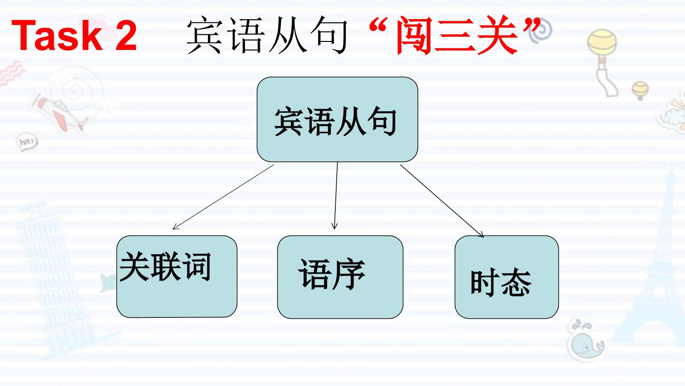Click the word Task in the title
point(57,35)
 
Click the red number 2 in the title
point(126,35)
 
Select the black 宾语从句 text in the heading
point(267,36)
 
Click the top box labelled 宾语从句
point(337,119)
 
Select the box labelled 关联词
point(177,276)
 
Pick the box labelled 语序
point(340,277)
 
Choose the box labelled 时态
point(507,277)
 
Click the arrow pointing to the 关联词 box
point(223,197)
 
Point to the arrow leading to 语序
point(336,195)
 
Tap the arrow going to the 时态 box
point(442,201)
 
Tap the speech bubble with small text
point(27,142)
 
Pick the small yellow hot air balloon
point(640,91)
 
